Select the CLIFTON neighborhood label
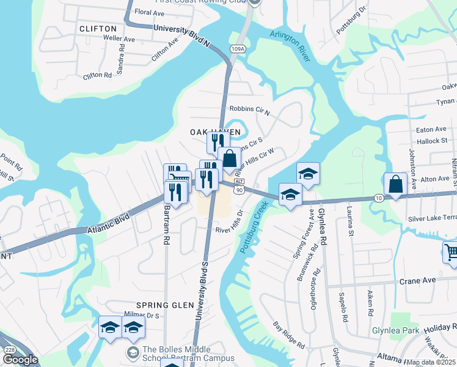[98, 29]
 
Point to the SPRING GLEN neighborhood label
[156, 305]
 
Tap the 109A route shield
[238, 48]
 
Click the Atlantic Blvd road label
[92, 227]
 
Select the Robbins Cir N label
[249, 110]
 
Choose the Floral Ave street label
[150, 12]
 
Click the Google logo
[20, 360]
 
